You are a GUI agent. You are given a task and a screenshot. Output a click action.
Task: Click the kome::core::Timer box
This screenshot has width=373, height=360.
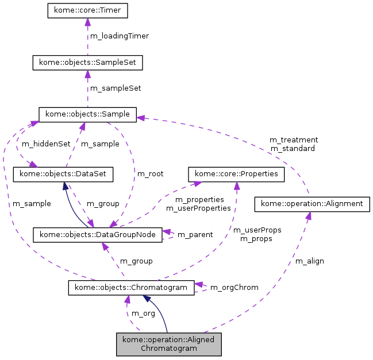click(87, 10)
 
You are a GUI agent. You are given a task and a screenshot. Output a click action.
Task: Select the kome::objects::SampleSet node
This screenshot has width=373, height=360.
click(87, 62)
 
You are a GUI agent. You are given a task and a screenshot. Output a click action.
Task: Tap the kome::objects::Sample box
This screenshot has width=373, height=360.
click(87, 114)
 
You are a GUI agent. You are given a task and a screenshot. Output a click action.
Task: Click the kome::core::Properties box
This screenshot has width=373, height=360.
click(237, 173)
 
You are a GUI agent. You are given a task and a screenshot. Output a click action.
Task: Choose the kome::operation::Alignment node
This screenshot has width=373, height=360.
click(312, 203)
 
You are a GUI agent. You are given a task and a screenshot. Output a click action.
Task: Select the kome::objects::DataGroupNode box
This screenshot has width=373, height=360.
click(98, 234)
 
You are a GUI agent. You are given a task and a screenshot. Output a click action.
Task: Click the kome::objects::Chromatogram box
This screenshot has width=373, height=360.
click(131, 287)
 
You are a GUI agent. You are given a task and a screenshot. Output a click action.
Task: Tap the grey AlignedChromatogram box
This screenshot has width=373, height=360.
click(169, 343)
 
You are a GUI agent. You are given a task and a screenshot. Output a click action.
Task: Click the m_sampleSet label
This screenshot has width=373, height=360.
click(116, 88)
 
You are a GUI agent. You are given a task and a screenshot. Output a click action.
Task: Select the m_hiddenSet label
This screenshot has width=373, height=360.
click(45, 144)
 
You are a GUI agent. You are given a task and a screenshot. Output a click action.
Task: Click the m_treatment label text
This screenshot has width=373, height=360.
click(293, 140)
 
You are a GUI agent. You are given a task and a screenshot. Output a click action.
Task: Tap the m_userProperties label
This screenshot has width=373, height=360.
click(198, 208)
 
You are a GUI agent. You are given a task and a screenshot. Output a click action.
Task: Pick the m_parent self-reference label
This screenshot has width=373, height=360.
click(195, 235)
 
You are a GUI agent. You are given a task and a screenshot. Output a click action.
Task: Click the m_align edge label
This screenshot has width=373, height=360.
click(309, 261)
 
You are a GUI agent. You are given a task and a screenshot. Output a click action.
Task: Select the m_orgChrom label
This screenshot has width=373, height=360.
click(234, 287)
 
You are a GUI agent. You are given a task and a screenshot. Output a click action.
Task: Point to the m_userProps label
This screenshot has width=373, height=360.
click(257, 230)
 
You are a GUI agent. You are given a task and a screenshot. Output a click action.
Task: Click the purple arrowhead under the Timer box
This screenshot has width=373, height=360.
click(87, 22)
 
